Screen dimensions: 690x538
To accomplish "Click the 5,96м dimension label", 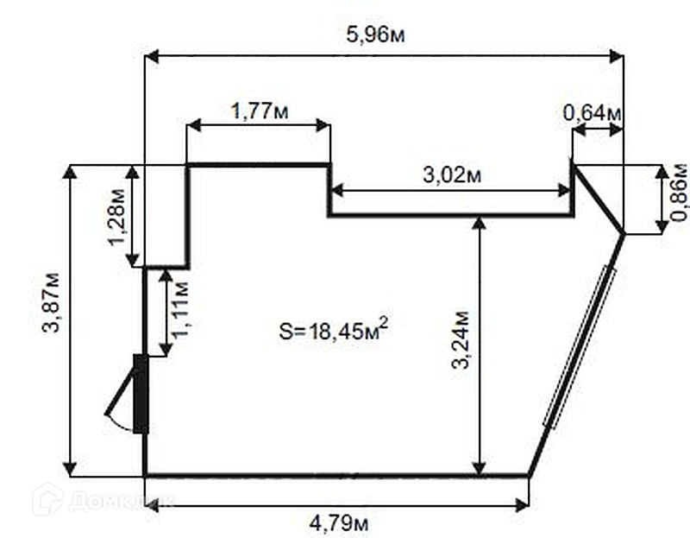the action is click(375, 35).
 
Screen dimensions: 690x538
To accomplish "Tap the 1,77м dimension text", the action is click(260, 111).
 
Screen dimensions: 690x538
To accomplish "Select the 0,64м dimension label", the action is click(592, 113).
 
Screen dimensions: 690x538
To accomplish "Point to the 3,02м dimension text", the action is click(452, 175).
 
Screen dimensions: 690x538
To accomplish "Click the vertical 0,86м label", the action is click(680, 192).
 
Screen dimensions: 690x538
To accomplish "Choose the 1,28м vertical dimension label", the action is click(117, 218).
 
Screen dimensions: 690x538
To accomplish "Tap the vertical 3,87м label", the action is click(51, 303).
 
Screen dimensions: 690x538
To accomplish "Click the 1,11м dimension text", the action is click(181, 309).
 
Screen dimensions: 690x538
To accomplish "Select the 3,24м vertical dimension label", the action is click(461, 339).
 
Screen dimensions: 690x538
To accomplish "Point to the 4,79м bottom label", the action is click(339, 524).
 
